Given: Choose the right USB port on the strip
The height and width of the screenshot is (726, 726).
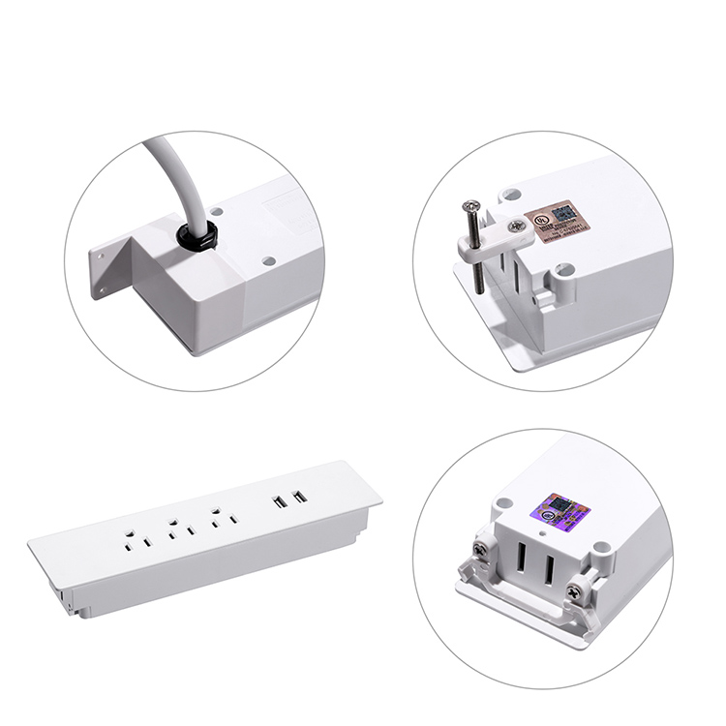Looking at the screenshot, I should (298, 498).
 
